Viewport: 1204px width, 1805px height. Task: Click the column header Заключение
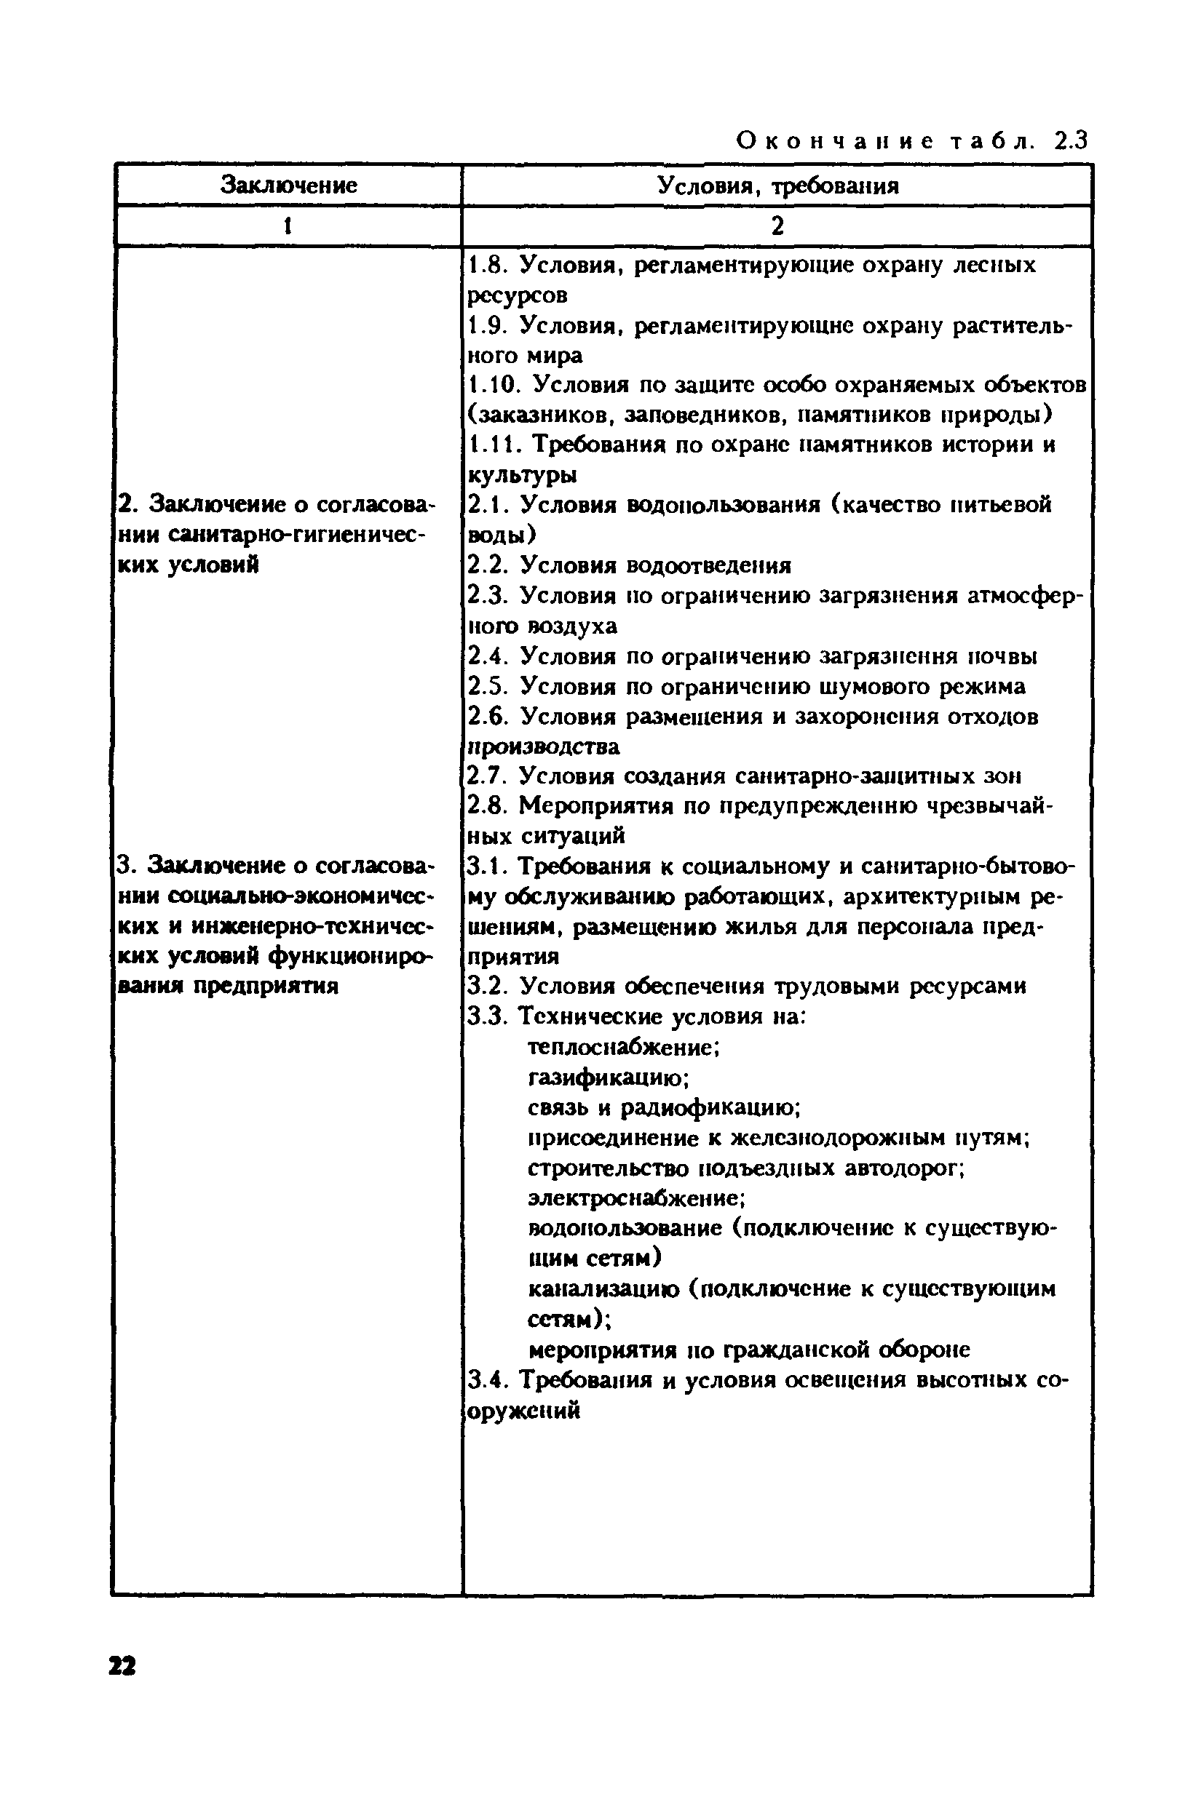click(x=289, y=185)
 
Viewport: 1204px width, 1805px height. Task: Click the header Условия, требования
click(x=777, y=186)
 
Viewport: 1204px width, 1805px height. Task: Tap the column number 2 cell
click(x=777, y=226)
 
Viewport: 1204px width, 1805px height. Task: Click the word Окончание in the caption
click(x=836, y=141)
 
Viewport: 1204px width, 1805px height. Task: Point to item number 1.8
click(x=486, y=265)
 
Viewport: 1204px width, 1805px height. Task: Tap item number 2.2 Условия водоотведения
click(x=630, y=565)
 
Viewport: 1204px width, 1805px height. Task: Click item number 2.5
click(x=486, y=686)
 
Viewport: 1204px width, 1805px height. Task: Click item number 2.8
click(x=486, y=806)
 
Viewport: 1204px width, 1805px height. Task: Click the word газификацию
click(x=608, y=1077)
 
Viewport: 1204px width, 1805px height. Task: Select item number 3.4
click(x=486, y=1380)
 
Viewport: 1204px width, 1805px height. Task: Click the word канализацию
click(x=603, y=1288)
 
